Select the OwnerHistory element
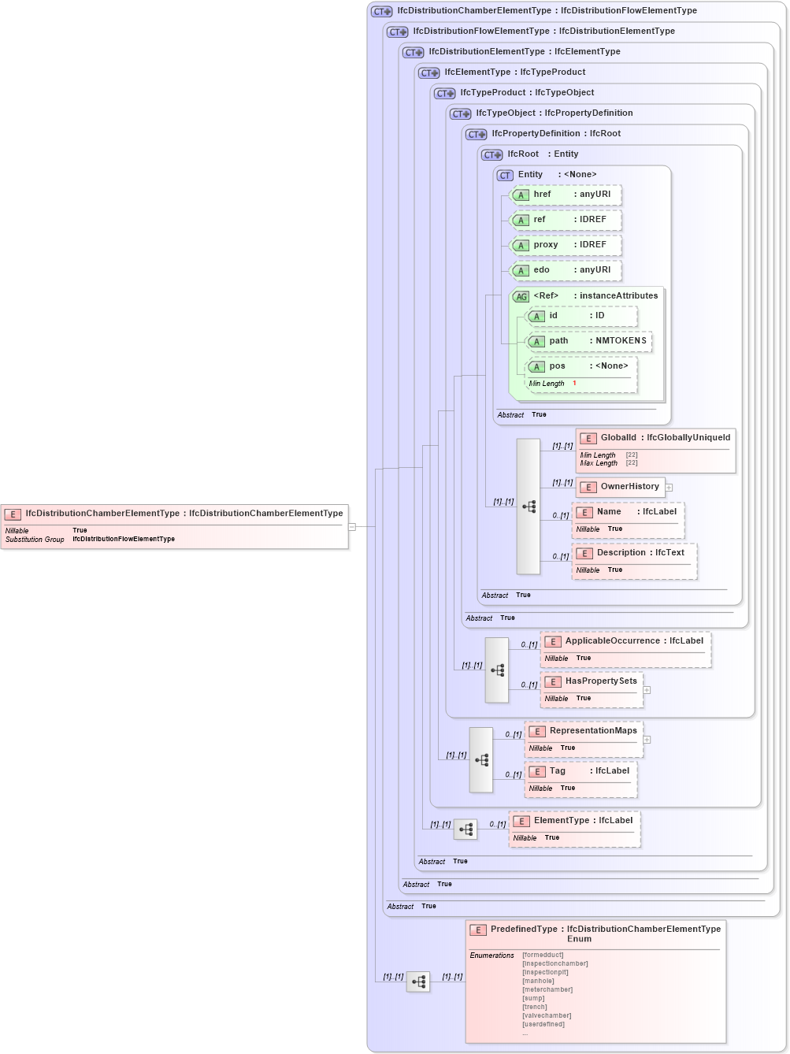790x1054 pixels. (621, 487)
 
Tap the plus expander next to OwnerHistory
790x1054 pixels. (669, 488)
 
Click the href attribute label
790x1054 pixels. (543, 195)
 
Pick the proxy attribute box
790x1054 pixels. (566, 245)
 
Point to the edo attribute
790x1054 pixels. (566, 270)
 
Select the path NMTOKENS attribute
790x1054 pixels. (588, 341)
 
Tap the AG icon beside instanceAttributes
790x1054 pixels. (521, 297)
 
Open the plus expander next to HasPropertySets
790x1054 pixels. (647, 690)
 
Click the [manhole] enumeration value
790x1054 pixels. (538, 981)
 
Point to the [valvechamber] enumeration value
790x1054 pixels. (547, 1015)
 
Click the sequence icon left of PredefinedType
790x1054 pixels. (418, 982)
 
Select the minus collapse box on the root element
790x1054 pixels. (352, 526)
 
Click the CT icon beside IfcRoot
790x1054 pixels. (492, 154)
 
